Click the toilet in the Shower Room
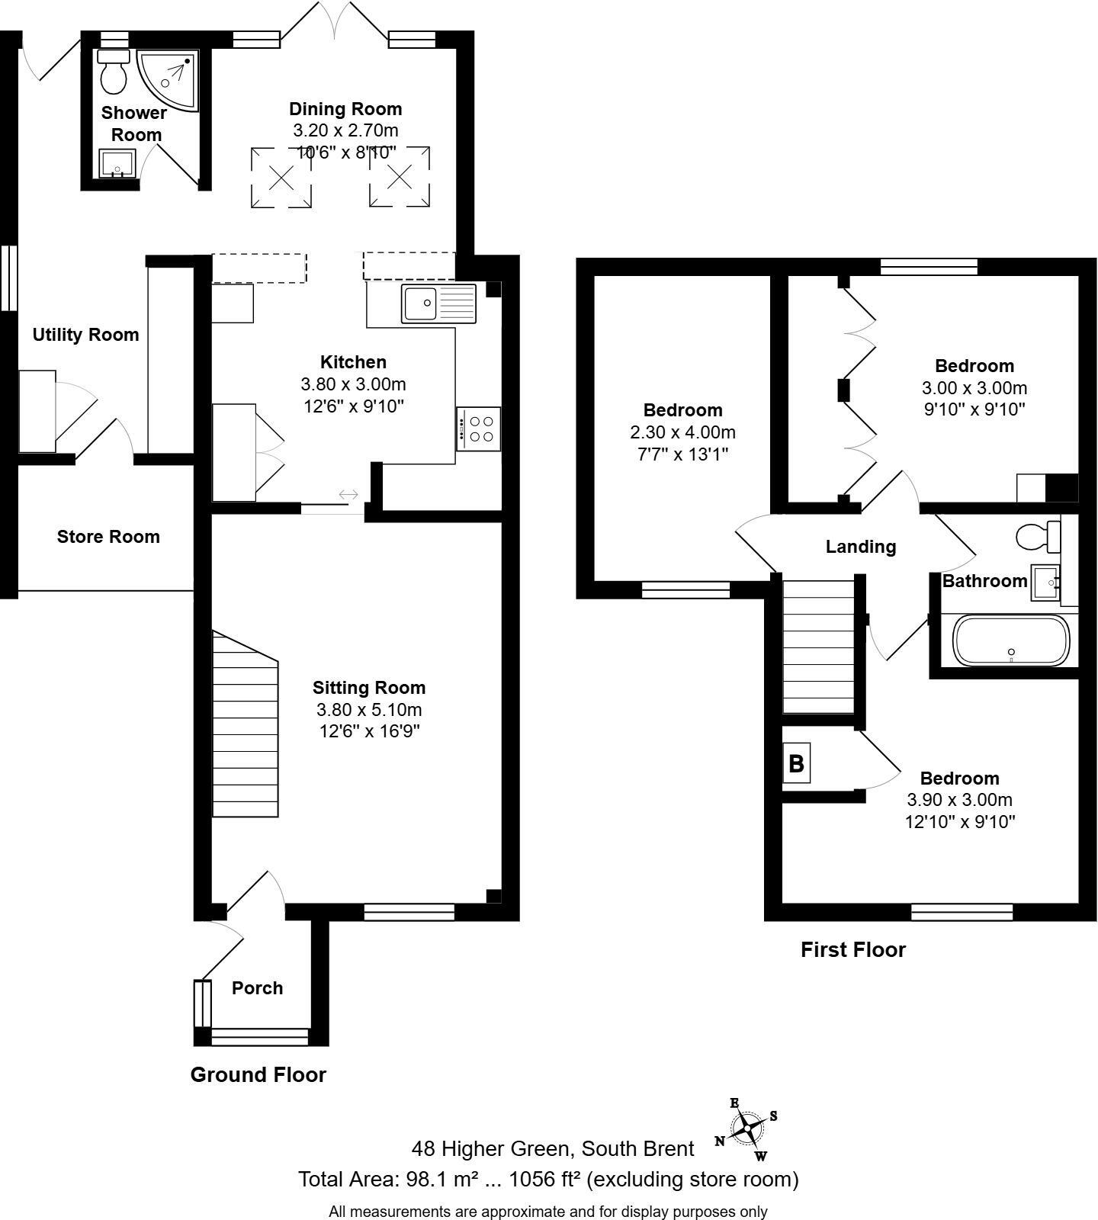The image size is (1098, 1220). pyautogui.click(x=114, y=70)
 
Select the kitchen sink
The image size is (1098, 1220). pyautogui.click(x=438, y=303)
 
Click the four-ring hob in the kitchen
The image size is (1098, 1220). pyautogui.click(x=479, y=429)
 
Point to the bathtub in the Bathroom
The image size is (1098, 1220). pyautogui.click(x=1012, y=640)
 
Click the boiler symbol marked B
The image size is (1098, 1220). pyautogui.click(x=796, y=763)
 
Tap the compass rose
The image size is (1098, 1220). pyautogui.click(x=747, y=1127)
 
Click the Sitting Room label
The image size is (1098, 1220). pyautogui.click(x=369, y=688)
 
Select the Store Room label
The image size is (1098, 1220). pyautogui.click(x=108, y=537)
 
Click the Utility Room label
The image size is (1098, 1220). pyautogui.click(x=85, y=335)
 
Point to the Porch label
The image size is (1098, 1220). pyautogui.click(x=257, y=988)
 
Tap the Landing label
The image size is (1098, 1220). pyautogui.click(x=861, y=547)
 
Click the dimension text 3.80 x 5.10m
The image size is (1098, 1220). pyautogui.click(x=369, y=710)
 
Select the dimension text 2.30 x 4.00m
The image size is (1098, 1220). pyautogui.click(x=682, y=432)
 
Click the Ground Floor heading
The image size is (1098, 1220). pyautogui.click(x=258, y=1075)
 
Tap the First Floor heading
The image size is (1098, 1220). pyautogui.click(x=852, y=950)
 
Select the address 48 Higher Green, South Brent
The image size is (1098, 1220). pyautogui.click(x=553, y=1149)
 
